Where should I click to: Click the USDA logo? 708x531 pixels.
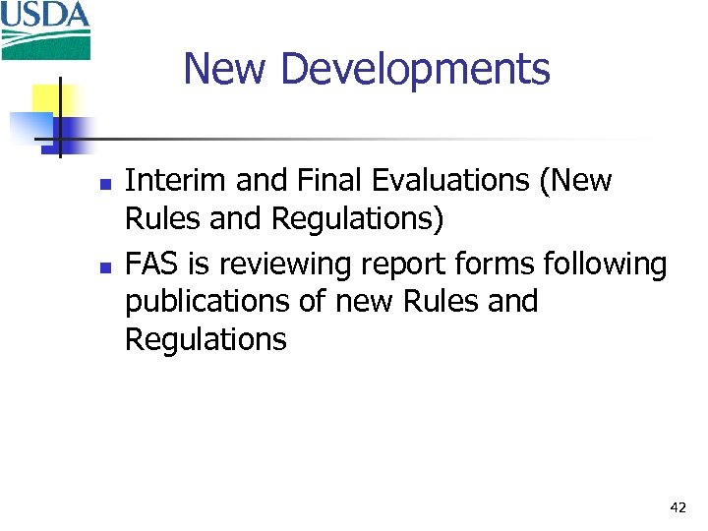coord(45,29)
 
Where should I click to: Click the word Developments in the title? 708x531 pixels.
coord(415,69)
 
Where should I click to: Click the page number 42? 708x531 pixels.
coord(678,507)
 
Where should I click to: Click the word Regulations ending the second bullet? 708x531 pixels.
coord(206,341)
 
